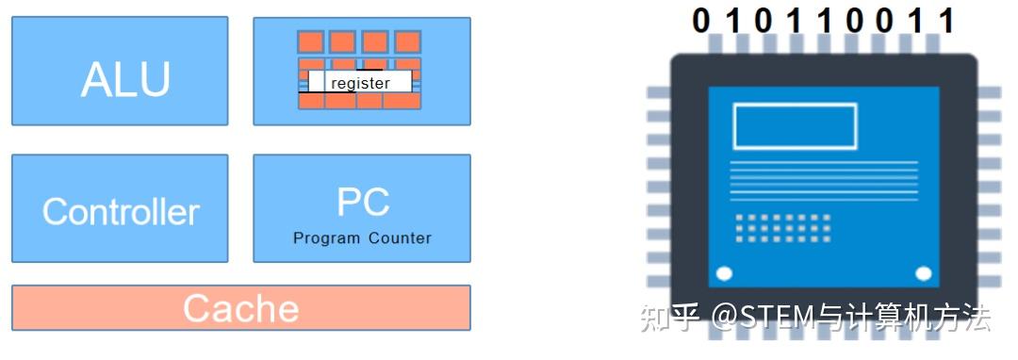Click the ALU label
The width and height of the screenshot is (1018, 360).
(x=125, y=80)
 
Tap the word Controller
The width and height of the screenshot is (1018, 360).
(x=121, y=211)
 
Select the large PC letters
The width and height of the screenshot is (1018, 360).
(x=362, y=202)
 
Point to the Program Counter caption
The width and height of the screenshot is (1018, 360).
(x=362, y=238)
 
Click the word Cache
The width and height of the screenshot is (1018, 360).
(x=240, y=308)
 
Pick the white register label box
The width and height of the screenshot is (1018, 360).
(x=360, y=83)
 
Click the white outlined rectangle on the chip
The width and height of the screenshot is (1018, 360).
(x=795, y=126)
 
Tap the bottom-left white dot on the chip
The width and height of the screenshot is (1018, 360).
(x=724, y=274)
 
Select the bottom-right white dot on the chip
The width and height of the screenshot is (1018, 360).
(x=924, y=274)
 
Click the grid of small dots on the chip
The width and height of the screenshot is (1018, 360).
(x=783, y=228)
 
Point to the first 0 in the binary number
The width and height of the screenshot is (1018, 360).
(x=700, y=21)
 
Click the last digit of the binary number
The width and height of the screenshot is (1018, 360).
(x=946, y=21)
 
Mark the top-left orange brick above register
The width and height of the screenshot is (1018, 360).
(x=310, y=41)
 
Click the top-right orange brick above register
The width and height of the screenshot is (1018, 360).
(x=407, y=41)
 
